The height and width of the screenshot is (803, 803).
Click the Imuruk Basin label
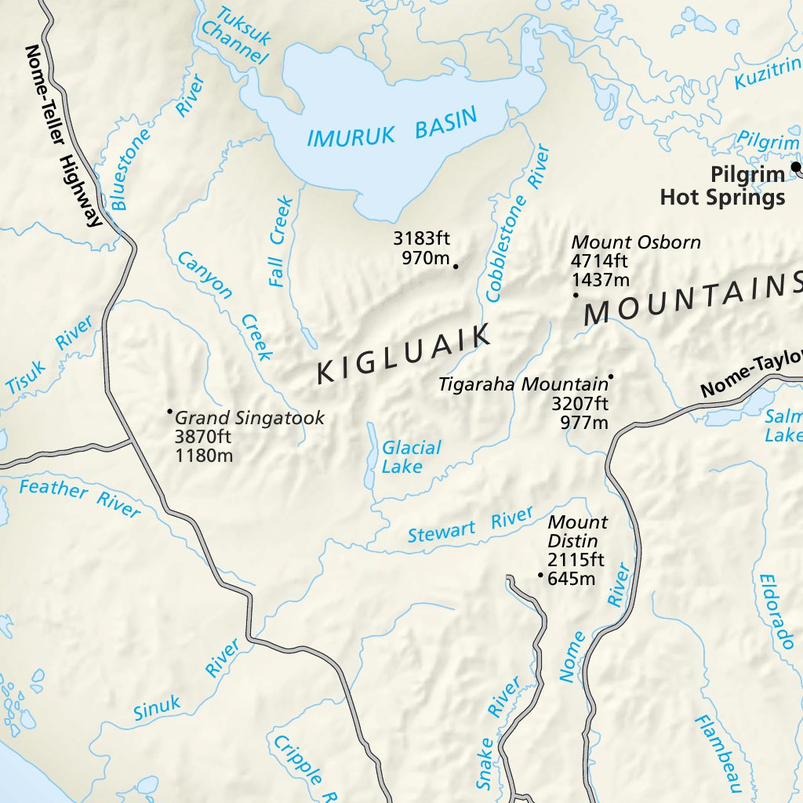(x=391, y=128)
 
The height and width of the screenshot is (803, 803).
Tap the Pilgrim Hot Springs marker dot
(x=796, y=166)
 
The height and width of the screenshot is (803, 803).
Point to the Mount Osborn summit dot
(x=576, y=296)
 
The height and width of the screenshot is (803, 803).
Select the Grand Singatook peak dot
(x=169, y=411)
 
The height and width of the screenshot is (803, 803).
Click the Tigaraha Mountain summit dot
(x=611, y=376)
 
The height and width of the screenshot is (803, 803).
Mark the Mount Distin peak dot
(x=540, y=575)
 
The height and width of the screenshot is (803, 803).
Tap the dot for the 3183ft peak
(x=456, y=267)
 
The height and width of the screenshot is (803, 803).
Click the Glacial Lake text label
(x=411, y=457)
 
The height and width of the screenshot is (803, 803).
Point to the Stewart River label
(x=471, y=526)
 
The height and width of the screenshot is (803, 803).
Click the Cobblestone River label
(x=517, y=223)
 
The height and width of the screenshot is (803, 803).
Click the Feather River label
(x=79, y=499)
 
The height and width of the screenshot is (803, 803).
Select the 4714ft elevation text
(x=600, y=261)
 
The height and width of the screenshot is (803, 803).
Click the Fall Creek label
(x=280, y=242)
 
